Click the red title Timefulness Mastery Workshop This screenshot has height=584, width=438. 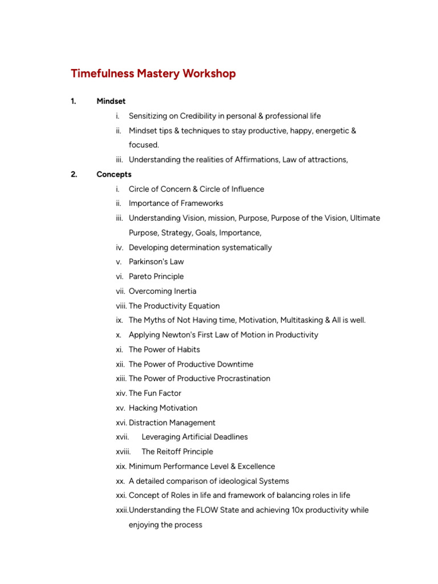click(x=153, y=74)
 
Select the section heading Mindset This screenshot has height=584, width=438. click(x=111, y=102)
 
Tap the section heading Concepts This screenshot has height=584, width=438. click(x=114, y=175)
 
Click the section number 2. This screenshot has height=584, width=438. click(x=74, y=175)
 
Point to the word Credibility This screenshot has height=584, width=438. click(x=202, y=116)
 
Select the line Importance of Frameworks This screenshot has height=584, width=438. click(x=176, y=204)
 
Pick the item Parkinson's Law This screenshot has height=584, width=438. click(x=156, y=262)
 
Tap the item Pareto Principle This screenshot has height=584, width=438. click(x=156, y=277)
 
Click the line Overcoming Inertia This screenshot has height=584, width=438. click(x=163, y=291)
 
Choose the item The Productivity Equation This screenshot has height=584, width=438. click(x=174, y=306)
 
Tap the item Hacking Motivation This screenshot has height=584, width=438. click(x=163, y=408)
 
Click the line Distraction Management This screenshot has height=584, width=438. click(x=172, y=423)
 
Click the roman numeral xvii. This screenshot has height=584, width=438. click(x=123, y=437)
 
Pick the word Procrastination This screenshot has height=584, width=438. click(x=238, y=379)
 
